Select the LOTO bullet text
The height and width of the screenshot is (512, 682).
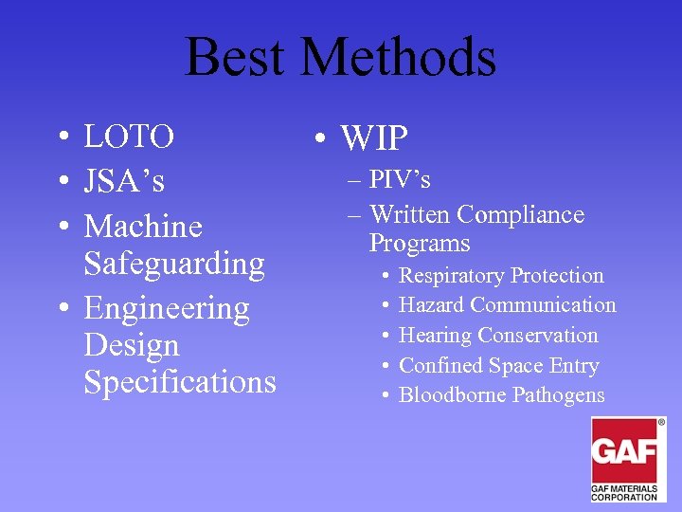coord(129,137)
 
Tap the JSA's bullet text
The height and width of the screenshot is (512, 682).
coord(124,180)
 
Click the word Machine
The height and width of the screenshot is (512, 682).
coord(143,227)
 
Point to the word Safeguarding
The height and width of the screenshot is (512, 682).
coord(174,263)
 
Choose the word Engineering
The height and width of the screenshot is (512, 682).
coord(167,308)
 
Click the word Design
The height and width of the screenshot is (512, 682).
coord(131,344)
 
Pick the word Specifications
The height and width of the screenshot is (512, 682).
coord(180,381)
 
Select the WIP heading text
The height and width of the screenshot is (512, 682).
coord(374,139)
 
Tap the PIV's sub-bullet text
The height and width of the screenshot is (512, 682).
coord(400,180)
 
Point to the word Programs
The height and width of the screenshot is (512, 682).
coord(420,244)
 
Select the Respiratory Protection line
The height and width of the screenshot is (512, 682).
coord(501,276)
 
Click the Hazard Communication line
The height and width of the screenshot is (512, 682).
coord(507,305)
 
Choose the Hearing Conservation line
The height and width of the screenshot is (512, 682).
coord(498,336)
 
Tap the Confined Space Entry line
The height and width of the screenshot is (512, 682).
coord(499,366)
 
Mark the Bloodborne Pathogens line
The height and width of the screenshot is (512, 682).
coord(501,395)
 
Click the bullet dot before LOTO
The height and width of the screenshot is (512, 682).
coord(60,138)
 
